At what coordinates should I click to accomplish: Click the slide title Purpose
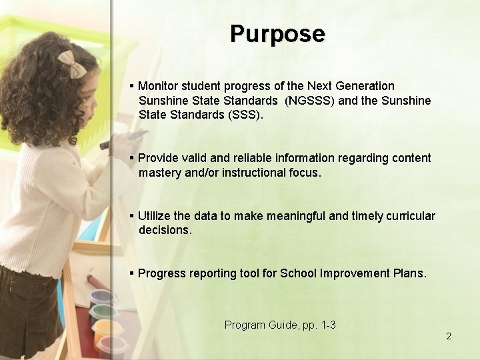pyautogui.click(x=277, y=33)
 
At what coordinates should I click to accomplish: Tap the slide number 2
pyautogui.click(x=449, y=336)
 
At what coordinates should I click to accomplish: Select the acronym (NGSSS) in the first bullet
pyautogui.click(x=307, y=101)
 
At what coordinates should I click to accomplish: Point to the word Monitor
pyautogui.click(x=159, y=86)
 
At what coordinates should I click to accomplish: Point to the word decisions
pyautogui.click(x=165, y=231)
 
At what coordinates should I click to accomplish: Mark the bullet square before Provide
pyautogui.click(x=132, y=158)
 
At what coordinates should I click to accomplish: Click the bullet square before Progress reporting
pyautogui.click(x=132, y=273)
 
